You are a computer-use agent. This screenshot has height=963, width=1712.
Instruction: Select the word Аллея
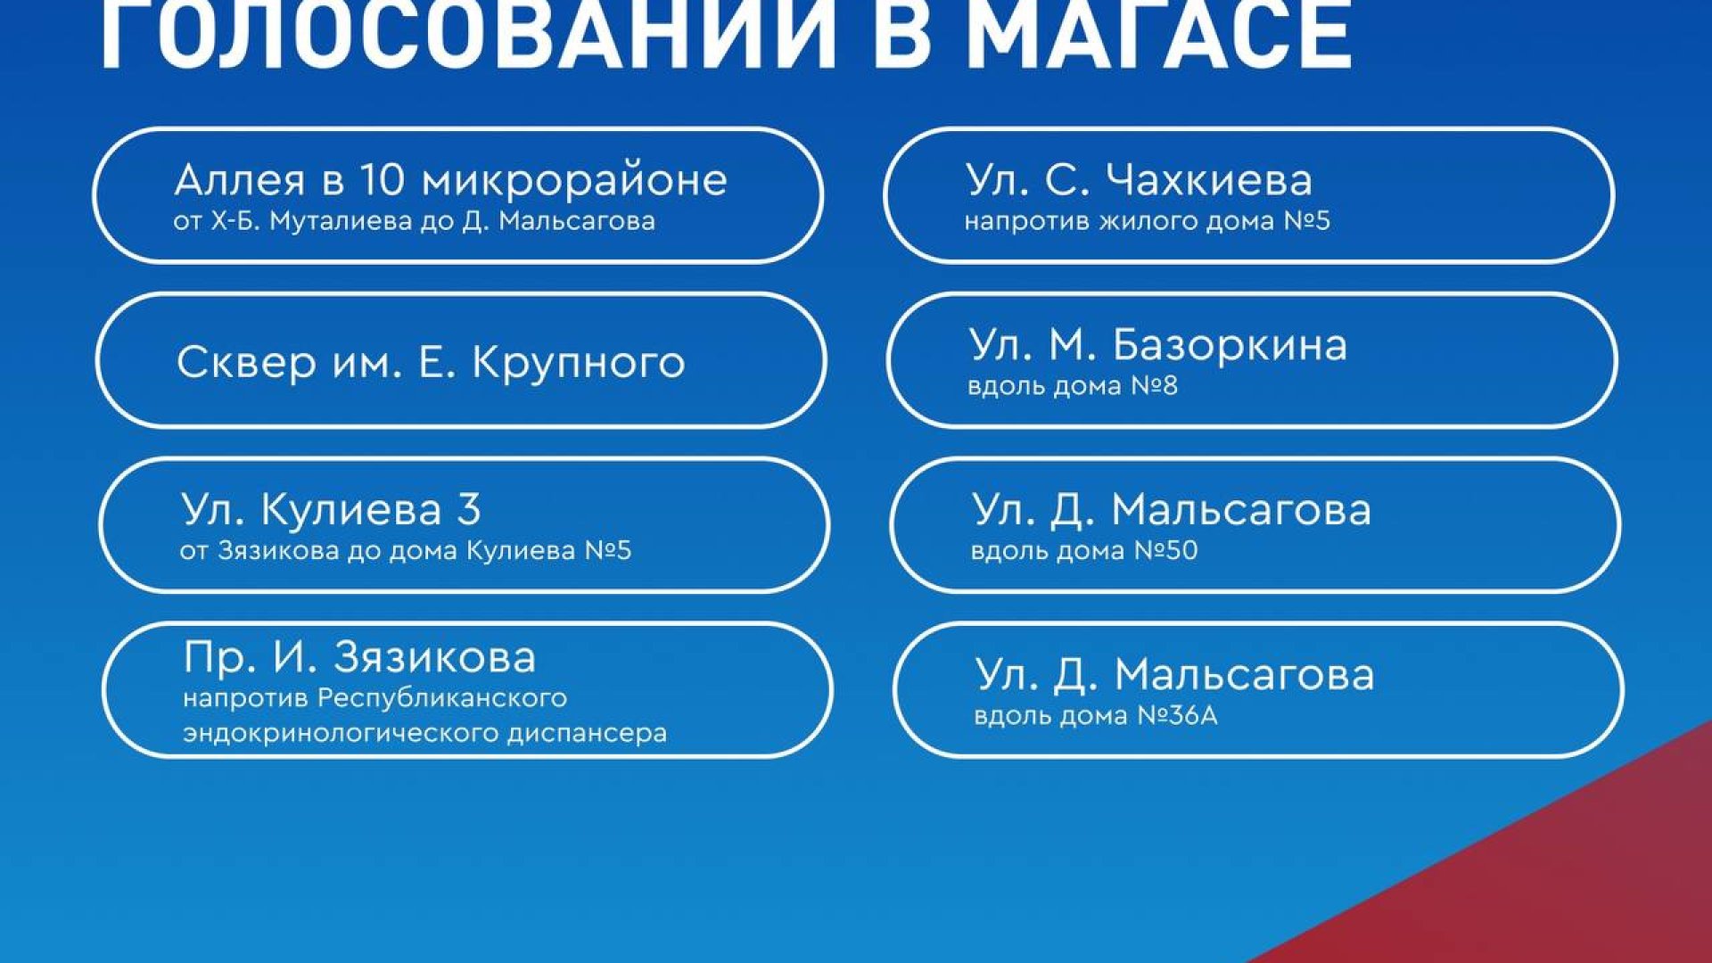[x=240, y=180]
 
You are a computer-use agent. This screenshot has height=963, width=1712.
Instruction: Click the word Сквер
[x=246, y=362]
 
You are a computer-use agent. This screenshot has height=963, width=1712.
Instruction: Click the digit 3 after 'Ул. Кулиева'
[x=469, y=510]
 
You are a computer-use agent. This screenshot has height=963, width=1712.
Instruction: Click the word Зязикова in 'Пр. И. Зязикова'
[x=435, y=658]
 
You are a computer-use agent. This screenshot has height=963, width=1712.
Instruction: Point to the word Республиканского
[x=442, y=698]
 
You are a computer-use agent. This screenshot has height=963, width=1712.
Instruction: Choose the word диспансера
[x=588, y=734]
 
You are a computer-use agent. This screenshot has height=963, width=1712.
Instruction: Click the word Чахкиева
[x=1209, y=180]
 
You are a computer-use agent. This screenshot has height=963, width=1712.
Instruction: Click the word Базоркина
[x=1229, y=346]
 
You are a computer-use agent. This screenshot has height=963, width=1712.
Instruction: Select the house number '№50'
[x=1165, y=551]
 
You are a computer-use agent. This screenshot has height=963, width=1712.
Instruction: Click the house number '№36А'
[x=1177, y=716]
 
